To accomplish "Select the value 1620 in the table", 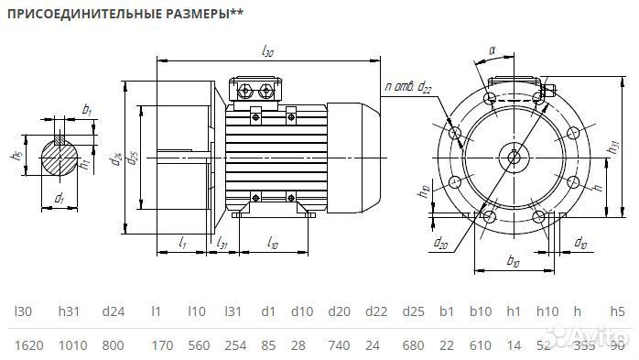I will pos(30,344).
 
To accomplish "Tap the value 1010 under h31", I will pos(71,344).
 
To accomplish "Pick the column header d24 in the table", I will pos(114,311).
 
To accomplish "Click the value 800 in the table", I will pos(114,344).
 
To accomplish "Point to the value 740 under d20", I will pos(339,344).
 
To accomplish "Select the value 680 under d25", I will pos(413,344).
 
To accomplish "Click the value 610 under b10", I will pos(481,344).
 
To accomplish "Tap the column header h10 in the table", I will pos(547,311).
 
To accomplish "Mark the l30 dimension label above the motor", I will pos(267,52).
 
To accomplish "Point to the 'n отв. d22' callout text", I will pos(408,88).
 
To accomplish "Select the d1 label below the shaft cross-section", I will pos(60,197).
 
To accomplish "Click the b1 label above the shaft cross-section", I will pos(86,109).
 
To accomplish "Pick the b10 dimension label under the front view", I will pos(513,263).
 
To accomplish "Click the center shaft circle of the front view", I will pos(514,157).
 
